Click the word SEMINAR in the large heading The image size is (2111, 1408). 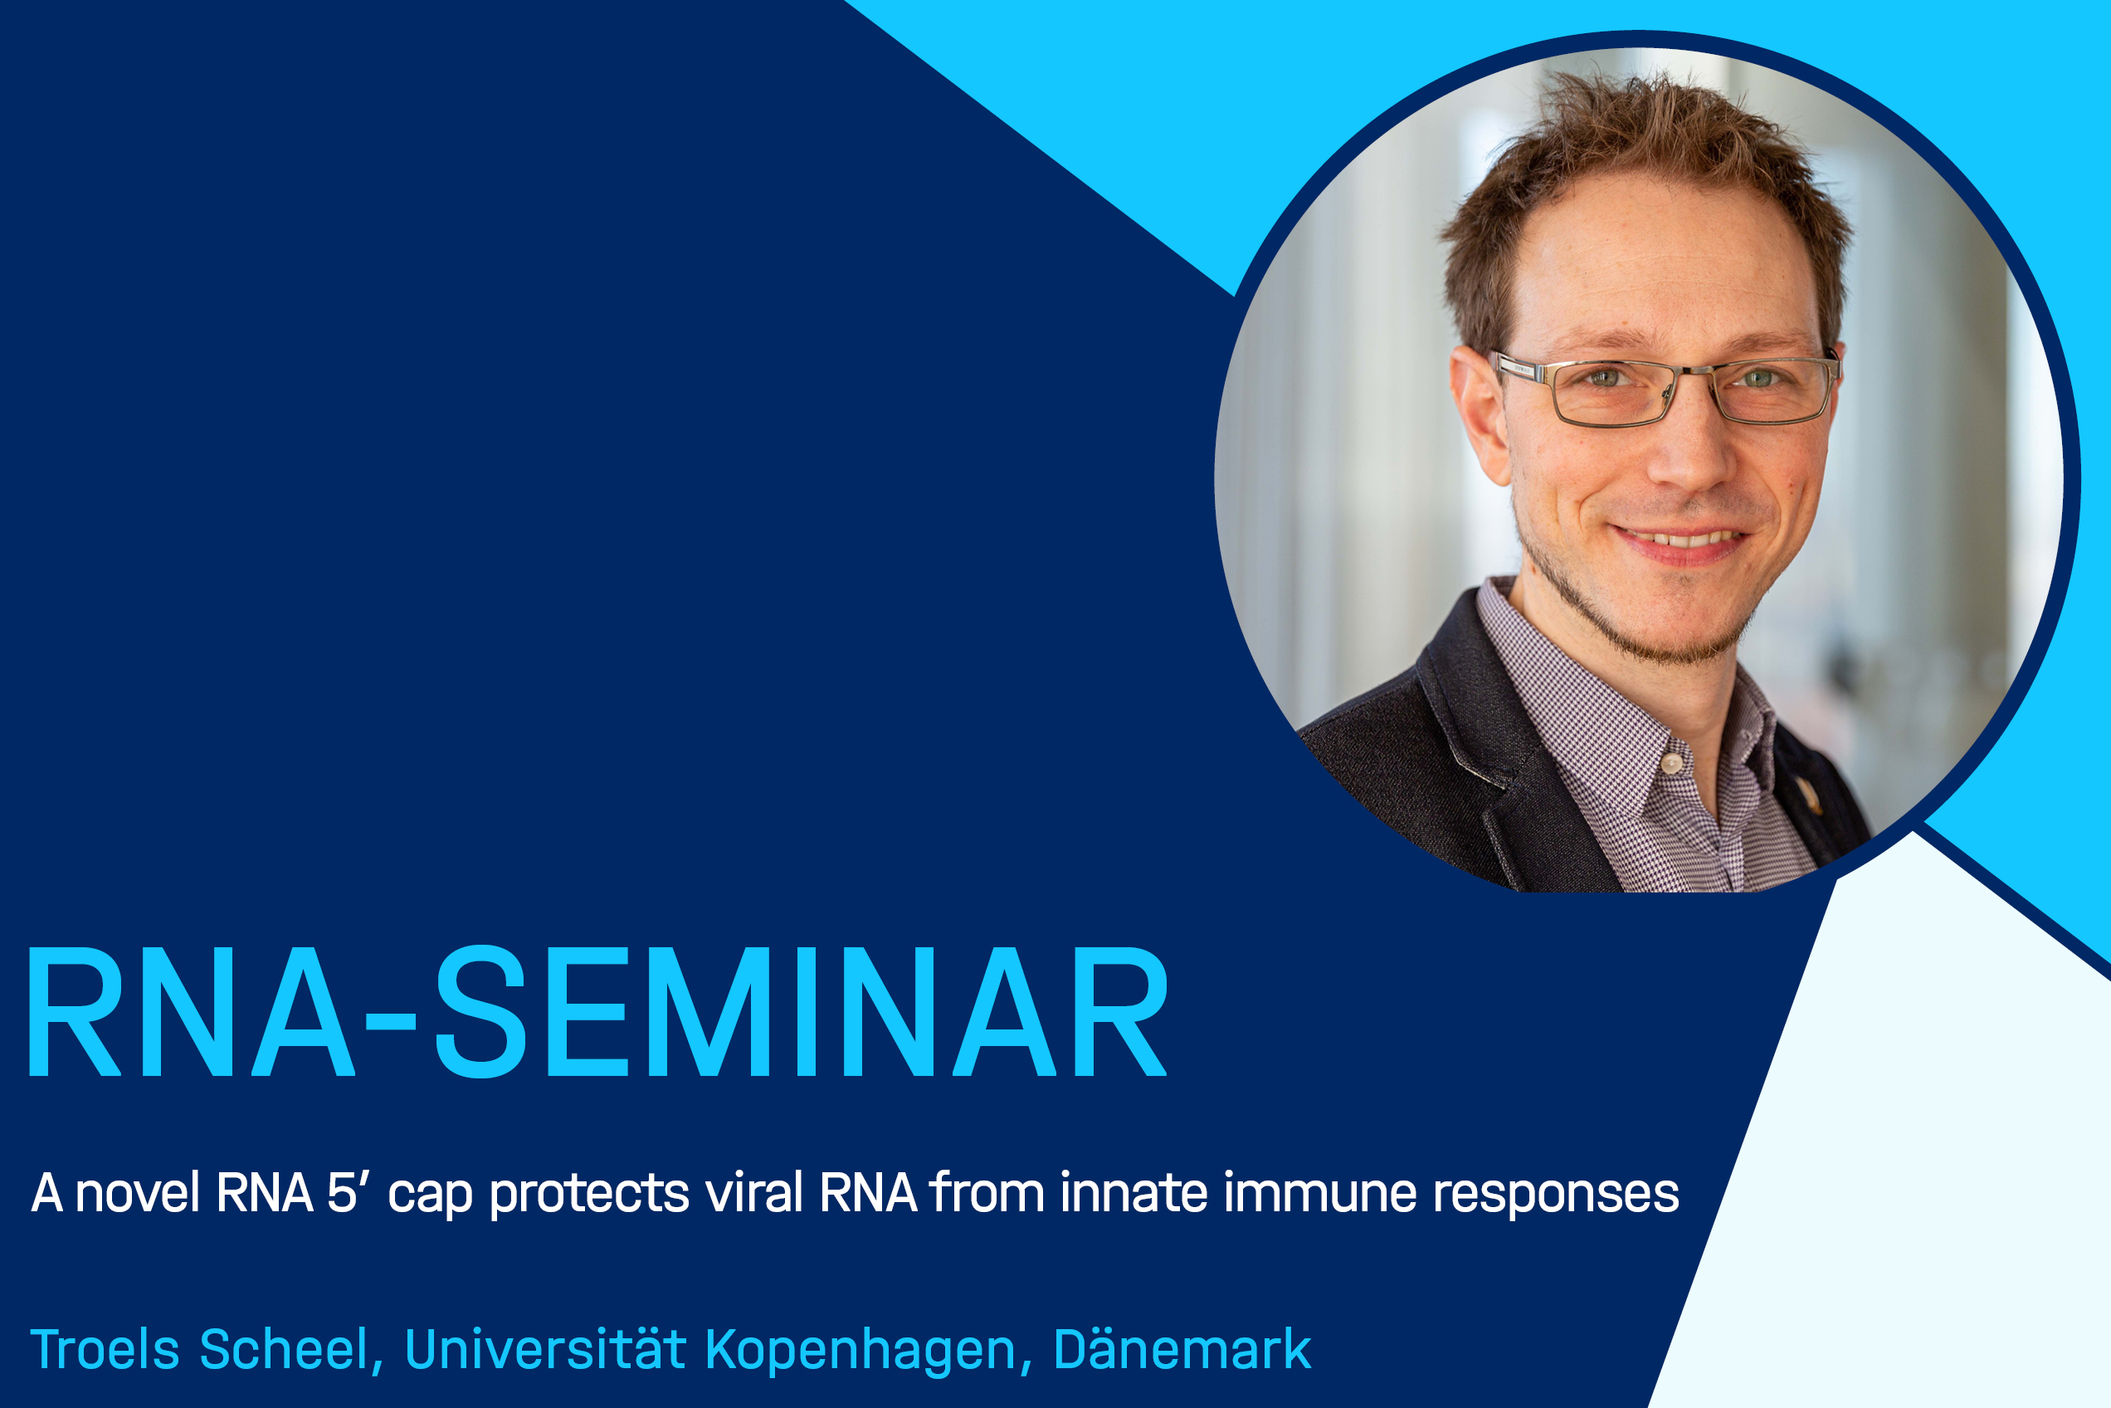(x=802, y=1012)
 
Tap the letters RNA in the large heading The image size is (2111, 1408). (x=191, y=1012)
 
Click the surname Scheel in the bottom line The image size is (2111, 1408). (x=284, y=1349)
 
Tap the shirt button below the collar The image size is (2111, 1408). (x=1671, y=763)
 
